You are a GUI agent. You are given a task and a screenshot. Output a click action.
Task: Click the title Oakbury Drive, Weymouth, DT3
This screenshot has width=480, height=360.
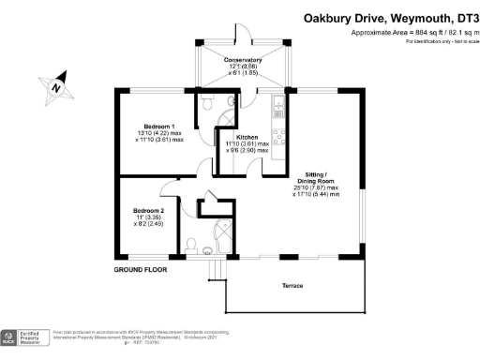pyautogui.click(x=388, y=17)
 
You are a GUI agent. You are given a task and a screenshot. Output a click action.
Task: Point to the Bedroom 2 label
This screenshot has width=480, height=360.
pyautogui.click(x=148, y=211)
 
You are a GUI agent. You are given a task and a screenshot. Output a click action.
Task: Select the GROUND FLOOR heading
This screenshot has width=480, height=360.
pyautogui.click(x=140, y=269)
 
